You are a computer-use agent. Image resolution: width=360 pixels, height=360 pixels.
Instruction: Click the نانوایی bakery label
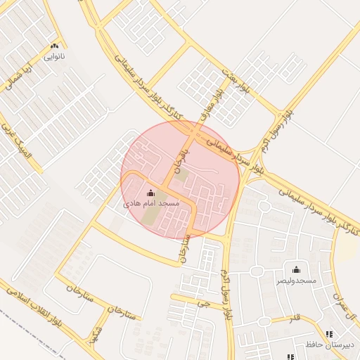[54, 56]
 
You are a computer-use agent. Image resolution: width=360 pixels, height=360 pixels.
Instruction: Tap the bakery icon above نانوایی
[54, 46]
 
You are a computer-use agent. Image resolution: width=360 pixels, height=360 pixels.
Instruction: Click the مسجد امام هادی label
[151, 202]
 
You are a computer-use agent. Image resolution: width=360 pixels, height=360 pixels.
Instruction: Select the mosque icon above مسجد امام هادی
[151, 193]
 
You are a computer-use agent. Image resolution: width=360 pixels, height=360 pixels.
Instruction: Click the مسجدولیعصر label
[296, 280]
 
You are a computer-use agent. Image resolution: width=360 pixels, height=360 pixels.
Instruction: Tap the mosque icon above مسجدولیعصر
[296, 269]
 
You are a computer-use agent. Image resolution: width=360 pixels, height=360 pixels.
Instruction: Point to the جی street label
[205, 304]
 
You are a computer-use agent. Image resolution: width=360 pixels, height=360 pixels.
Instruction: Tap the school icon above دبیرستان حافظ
[329, 334]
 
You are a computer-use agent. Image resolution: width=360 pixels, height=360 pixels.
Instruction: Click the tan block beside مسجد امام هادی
[151, 217]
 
